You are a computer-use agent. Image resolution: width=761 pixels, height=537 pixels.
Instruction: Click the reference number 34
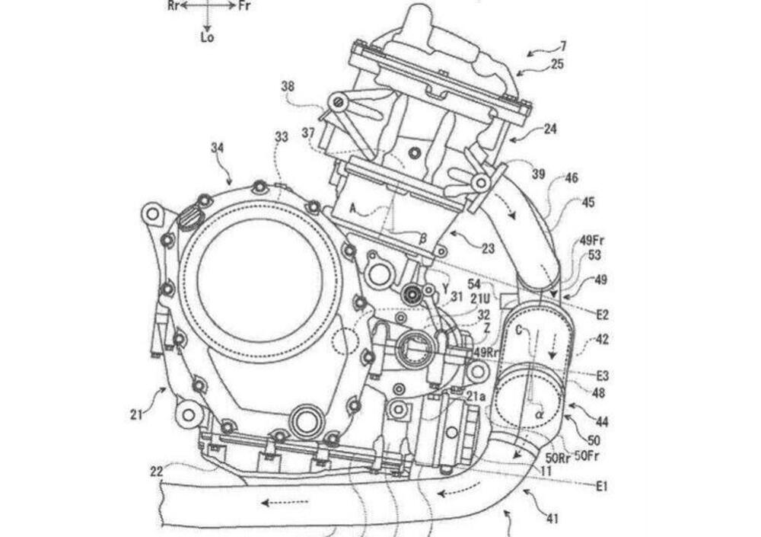218,148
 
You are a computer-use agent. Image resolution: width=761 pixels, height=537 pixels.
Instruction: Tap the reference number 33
282,137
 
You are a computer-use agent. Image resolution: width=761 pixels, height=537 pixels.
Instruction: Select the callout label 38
288,87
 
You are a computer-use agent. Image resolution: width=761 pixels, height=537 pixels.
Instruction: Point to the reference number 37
309,133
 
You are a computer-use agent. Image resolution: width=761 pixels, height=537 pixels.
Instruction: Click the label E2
602,315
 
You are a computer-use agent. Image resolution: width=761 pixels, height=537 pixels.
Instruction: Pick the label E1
602,486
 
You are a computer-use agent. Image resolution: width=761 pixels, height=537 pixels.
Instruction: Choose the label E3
602,376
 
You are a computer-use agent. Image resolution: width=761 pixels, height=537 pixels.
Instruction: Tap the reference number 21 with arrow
137,414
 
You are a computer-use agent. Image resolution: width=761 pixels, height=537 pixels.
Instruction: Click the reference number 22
157,471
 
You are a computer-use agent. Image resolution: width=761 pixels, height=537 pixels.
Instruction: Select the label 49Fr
592,240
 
